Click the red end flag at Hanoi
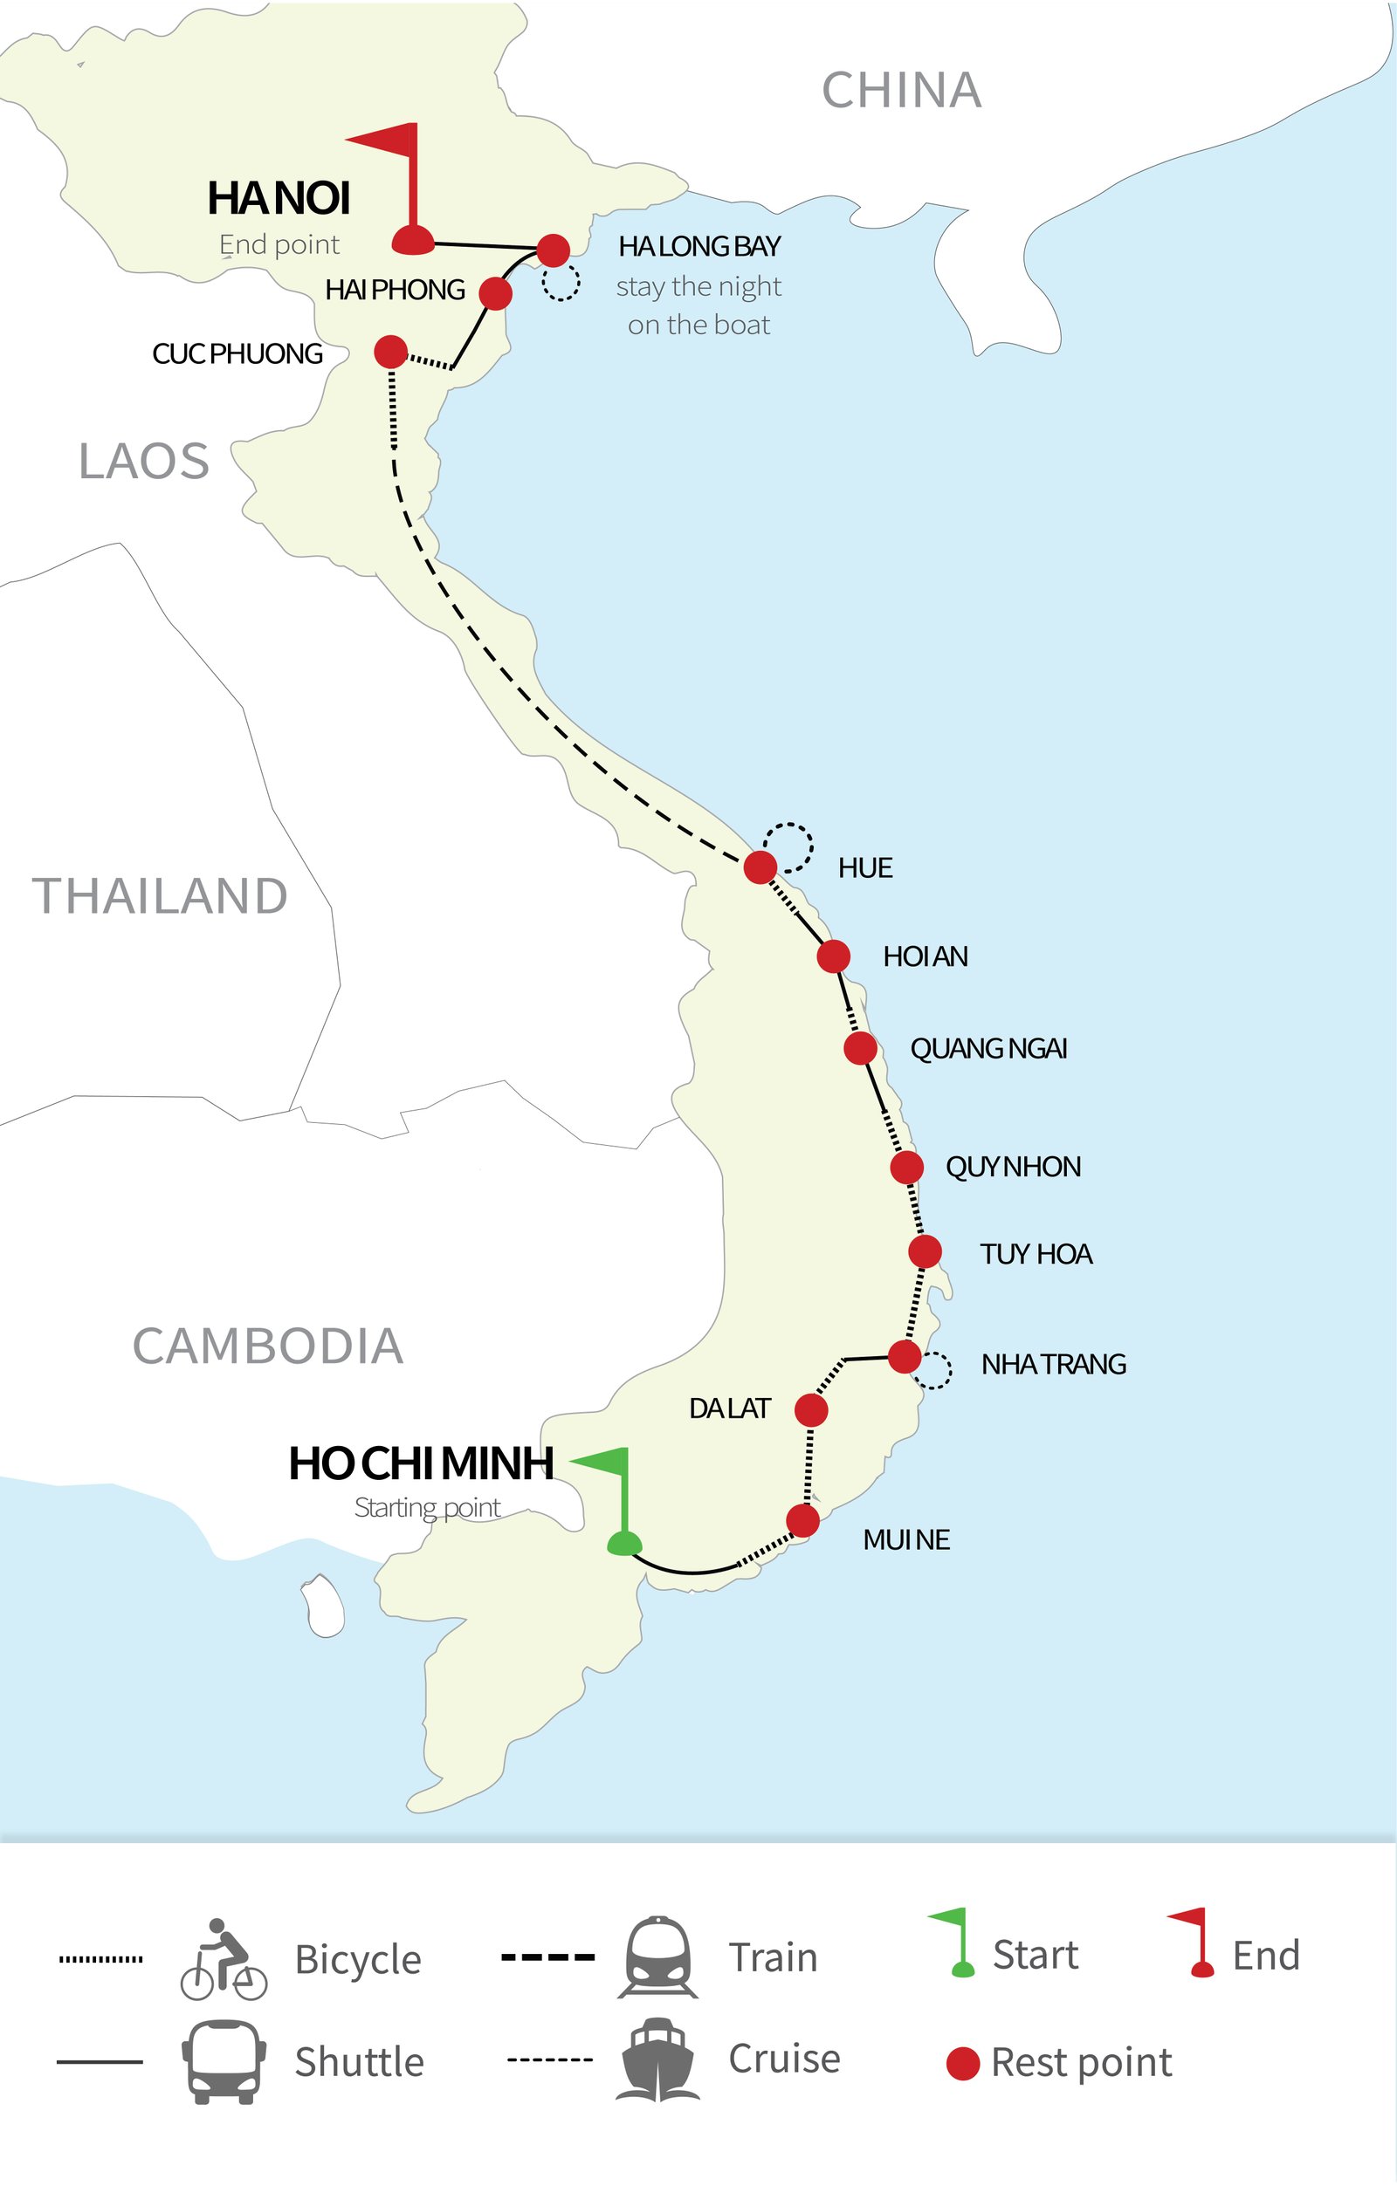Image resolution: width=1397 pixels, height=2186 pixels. (x=407, y=190)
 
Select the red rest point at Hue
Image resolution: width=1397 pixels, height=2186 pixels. (x=760, y=867)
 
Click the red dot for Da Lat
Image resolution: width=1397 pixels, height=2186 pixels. (x=810, y=1410)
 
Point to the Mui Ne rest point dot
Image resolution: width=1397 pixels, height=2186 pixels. (x=803, y=1520)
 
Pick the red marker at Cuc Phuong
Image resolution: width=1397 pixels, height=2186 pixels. (x=390, y=352)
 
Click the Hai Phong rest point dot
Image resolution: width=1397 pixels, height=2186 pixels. (x=495, y=293)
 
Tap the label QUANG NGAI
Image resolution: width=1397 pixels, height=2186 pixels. (x=988, y=1049)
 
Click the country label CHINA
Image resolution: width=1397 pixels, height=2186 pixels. (x=901, y=91)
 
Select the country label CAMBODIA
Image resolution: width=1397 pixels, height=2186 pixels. (x=268, y=1347)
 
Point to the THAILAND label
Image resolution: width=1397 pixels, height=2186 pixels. (x=160, y=897)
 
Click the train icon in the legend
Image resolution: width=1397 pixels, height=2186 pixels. (x=657, y=1957)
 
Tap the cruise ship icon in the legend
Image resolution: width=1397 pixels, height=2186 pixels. (x=657, y=2060)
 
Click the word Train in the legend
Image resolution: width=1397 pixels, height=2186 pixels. (x=773, y=1957)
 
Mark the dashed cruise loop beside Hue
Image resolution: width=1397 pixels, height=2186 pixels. (x=788, y=847)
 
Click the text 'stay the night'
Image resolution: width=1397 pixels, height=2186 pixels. (x=698, y=287)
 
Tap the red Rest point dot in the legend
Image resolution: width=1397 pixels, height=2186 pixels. (x=962, y=2064)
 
